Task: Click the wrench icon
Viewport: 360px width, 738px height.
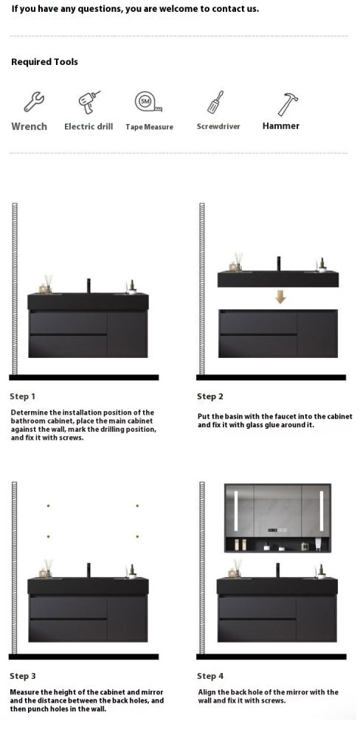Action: point(34,102)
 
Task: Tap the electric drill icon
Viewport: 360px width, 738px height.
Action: point(89,102)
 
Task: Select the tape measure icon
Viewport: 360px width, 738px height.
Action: point(148,102)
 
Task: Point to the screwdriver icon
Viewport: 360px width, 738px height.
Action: point(215,102)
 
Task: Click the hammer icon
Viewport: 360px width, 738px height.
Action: point(288,104)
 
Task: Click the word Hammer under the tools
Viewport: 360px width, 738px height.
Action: point(281,125)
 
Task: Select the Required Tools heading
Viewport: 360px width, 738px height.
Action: point(45,62)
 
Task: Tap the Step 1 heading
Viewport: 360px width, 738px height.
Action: point(23,397)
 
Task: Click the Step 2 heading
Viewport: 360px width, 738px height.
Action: point(210,397)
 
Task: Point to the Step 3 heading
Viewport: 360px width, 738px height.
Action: point(23,676)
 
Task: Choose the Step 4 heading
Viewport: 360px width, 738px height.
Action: point(210,676)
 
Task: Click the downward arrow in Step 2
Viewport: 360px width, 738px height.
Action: point(280,297)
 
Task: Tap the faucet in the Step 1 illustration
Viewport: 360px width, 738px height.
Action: point(89,286)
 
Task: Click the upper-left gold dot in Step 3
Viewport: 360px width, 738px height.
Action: point(48,506)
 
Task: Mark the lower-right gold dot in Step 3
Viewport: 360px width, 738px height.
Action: point(137,537)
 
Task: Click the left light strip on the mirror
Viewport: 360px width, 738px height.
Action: point(233,511)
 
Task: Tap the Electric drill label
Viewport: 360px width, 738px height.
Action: point(89,127)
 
